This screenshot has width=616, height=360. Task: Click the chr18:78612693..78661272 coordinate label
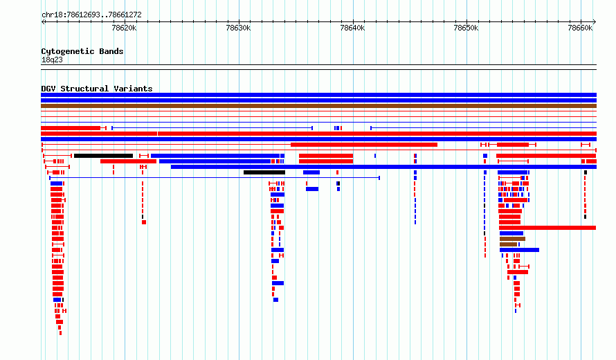click(91, 15)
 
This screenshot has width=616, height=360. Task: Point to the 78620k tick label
click(124, 28)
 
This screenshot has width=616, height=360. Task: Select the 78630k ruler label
click(238, 28)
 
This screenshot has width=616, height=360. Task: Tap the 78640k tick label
click(352, 28)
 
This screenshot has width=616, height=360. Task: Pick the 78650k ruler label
click(466, 28)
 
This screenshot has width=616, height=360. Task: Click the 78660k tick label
click(580, 28)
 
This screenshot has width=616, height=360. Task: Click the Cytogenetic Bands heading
click(82, 51)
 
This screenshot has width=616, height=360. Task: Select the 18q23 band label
click(52, 60)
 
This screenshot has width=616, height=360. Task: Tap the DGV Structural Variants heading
click(97, 89)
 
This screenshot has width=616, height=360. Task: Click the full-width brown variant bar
click(318, 106)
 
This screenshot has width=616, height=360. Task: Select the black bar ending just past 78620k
click(103, 156)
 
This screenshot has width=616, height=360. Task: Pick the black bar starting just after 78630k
click(264, 172)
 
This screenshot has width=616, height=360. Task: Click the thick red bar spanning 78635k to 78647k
click(364, 145)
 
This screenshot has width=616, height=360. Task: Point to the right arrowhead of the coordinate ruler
click(595, 22)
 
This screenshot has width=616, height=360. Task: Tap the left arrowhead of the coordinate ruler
click(43, 22)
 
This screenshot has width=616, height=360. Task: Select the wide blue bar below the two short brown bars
click(519, 250)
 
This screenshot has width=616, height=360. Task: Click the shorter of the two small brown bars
click(508, 244)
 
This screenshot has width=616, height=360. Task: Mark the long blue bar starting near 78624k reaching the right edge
click(384, 167)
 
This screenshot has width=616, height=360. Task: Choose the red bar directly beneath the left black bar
click(129, 161)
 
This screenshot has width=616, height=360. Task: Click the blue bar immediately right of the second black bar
click(311, 172)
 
